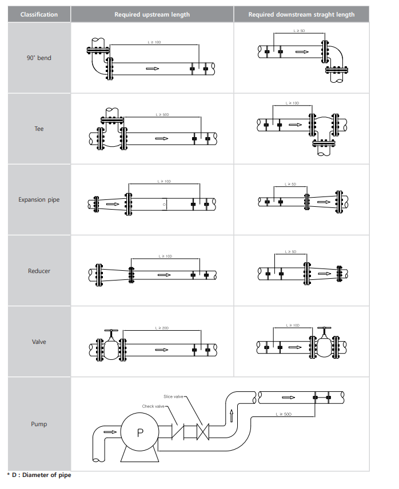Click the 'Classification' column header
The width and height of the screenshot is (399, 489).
(x=39, y=14)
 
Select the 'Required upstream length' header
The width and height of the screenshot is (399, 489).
(x=152, y=14)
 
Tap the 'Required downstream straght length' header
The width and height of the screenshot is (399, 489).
(x=301, y=14)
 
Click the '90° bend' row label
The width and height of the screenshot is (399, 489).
(x=39, y=58)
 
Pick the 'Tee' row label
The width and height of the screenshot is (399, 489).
(x=39, y=129)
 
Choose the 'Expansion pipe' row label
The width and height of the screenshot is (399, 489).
(x=39, y=200)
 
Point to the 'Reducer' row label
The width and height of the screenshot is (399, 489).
(x=39, y=271)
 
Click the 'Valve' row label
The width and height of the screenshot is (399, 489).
(x=39, y=342)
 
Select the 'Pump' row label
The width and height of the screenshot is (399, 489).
(x=39, y=424)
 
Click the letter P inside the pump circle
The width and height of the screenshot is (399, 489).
(x=141, y=432)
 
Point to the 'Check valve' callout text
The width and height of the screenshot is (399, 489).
(x=153, y=406)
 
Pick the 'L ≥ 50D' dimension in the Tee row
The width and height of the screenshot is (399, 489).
(x=163, y=115)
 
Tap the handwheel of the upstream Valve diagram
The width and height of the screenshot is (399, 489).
(x=111, y=331)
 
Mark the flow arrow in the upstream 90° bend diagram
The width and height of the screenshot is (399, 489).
(x=152, y=69)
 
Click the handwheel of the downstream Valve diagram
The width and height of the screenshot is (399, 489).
(x=325, y=328)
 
